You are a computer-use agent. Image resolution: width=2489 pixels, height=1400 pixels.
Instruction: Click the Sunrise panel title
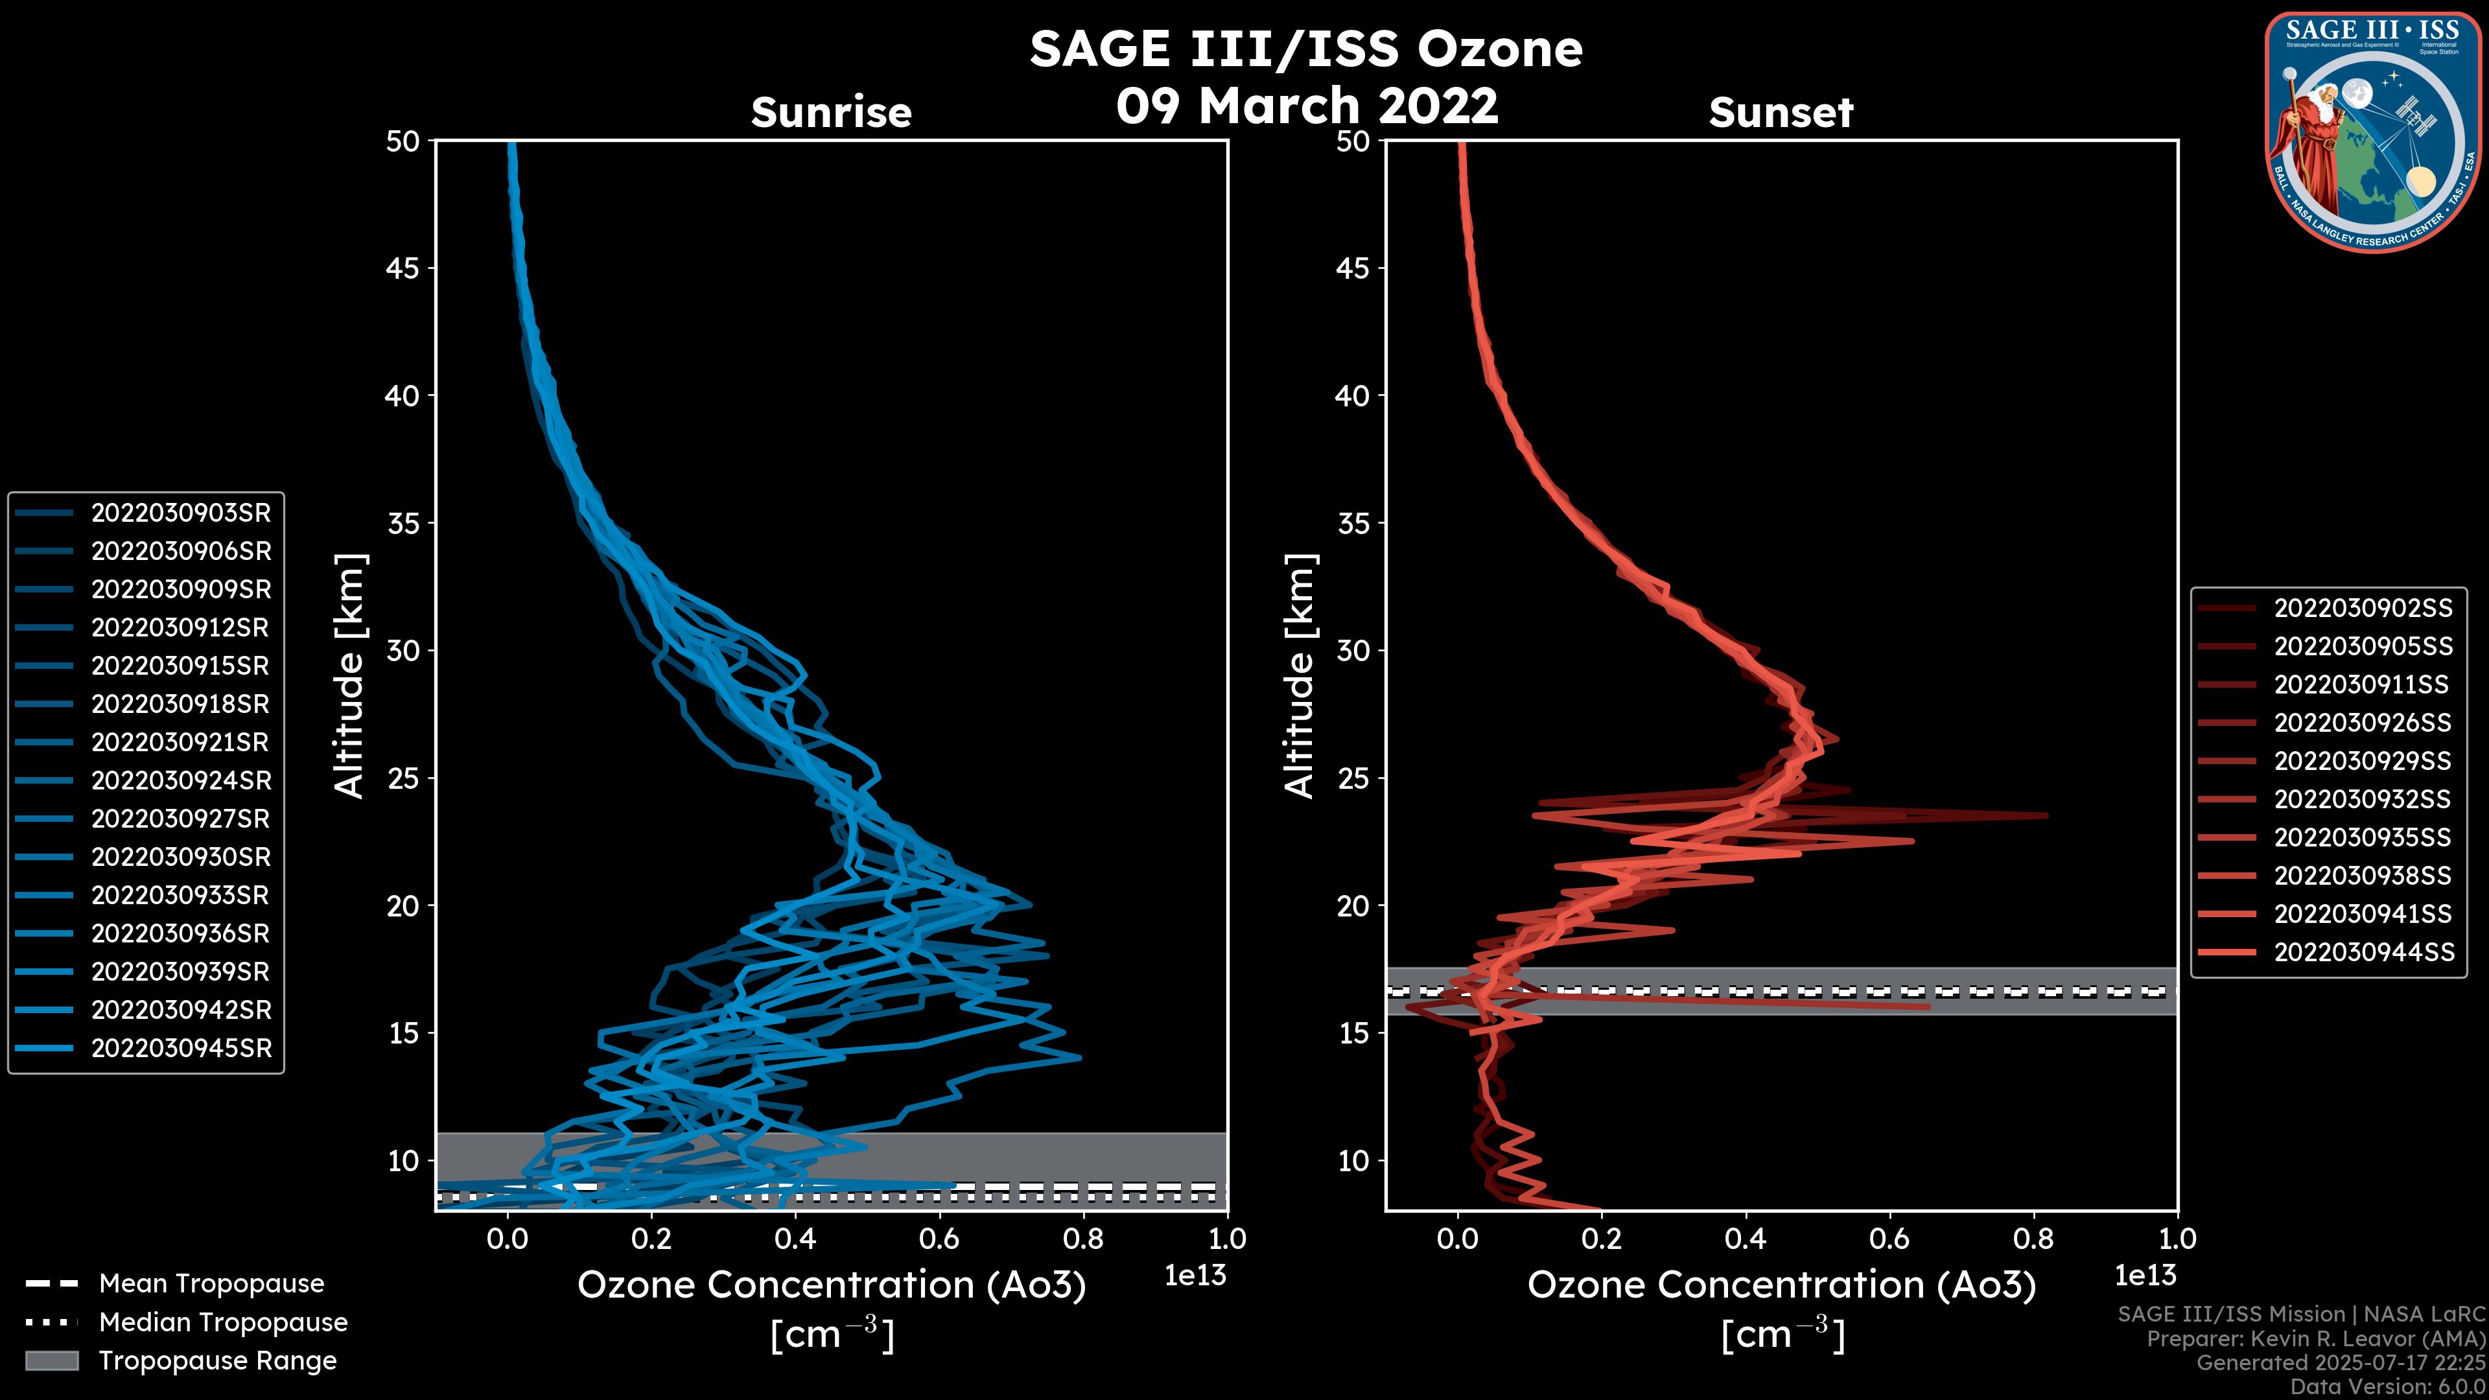(x=831, y=112)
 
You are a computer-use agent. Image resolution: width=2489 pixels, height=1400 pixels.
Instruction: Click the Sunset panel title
(x=1781, y=112)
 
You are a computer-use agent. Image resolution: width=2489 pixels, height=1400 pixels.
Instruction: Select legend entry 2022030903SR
(x=181, y=513)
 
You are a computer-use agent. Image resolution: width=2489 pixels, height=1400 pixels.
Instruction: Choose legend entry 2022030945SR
(x=181, y=1048)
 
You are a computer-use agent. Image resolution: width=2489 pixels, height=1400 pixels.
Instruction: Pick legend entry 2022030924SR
(x=181, y=780)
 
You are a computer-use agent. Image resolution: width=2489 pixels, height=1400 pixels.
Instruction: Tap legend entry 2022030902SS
(x=2363, y=608)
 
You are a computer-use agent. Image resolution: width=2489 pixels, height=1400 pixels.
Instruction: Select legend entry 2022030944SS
(x=2363, y=951)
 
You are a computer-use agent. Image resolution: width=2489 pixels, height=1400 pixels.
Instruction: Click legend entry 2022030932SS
(x=2363, y=799)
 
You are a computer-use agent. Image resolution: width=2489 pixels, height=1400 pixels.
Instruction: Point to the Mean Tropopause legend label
(x=211, y=1284)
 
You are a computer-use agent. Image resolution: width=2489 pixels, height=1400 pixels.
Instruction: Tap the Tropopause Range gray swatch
(x=51, y=1360)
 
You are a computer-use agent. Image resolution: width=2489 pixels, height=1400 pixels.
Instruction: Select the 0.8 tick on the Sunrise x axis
(x=1083, y=1239)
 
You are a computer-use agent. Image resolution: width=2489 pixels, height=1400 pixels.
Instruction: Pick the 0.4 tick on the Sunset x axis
(x=1745, y=1239)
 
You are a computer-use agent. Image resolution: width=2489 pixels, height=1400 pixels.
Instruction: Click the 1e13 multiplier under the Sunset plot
(x=2145, y=1276)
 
